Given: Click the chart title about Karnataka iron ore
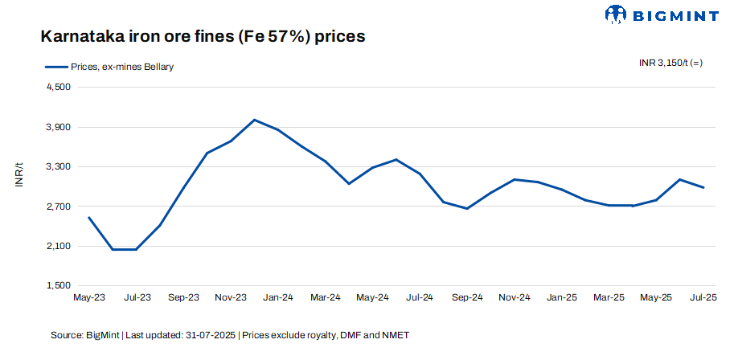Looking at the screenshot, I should click(203, 37).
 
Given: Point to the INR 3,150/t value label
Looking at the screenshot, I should click(670, 63).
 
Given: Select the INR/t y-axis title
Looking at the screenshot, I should click(19, 176).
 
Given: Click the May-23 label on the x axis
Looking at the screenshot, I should click(88, 297).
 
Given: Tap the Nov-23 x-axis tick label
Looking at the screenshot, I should click(231, 297).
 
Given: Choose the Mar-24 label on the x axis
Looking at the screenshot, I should click(325, 297).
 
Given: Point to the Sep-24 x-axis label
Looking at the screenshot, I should click(467, 297).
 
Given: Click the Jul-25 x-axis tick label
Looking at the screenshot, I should click(703, 297).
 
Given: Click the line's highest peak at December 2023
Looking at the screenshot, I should click(254, 120).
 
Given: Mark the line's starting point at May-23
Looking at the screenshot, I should click(88, 217).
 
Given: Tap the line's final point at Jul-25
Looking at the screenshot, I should click(704, 187).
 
